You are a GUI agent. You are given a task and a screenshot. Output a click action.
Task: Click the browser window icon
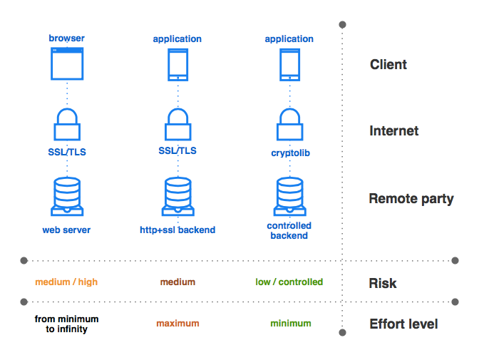point(67,63)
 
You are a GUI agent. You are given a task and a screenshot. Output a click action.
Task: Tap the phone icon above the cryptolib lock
point(289,64)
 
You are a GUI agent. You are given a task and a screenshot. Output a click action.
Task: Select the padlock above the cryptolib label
point(289,125)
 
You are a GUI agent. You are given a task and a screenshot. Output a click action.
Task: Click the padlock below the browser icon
point(66,125)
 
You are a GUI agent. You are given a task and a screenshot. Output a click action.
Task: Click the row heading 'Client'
point(388,65)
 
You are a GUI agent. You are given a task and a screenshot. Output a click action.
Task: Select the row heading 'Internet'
point(393,131)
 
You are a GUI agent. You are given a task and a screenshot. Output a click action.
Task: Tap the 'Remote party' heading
point(411,199)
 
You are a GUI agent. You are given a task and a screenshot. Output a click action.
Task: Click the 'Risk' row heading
point(383,283)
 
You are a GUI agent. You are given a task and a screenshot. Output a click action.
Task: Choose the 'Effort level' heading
point(403,324)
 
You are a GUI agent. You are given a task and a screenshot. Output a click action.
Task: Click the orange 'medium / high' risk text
point(66,282)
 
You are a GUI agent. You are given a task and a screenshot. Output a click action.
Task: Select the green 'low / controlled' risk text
point(289,282)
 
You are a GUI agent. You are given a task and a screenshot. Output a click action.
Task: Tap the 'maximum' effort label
point(177,324)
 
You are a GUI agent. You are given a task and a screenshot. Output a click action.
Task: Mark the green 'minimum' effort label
point(290,324)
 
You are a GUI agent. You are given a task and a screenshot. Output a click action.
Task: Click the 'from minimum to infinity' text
point(66,324)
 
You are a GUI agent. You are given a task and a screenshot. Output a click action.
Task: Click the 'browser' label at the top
point(66,38)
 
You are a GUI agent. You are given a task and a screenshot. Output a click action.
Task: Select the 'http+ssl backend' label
point(177,230)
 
